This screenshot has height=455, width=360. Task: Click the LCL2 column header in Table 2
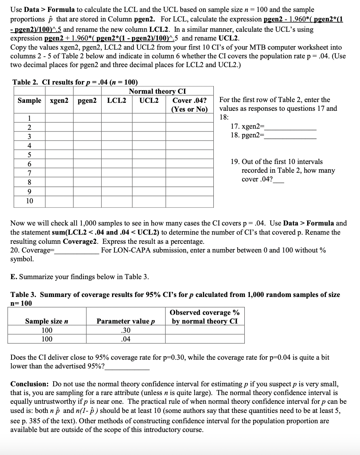[x=116, y=100]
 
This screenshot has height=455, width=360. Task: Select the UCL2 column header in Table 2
[x=149, y=100]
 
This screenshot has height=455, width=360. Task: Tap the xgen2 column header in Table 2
[x=59, y=100]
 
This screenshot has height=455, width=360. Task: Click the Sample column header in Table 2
[x=29, y=100]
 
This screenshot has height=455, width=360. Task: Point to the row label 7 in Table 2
[x=29, y=174]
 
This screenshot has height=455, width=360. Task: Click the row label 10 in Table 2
[x=29, y=201]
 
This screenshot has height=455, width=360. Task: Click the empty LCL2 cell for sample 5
[x=117, y=155]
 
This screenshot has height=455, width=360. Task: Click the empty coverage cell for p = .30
[x=205, y=330]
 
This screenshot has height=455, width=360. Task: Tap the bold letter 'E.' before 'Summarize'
[x=14, y=277]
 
